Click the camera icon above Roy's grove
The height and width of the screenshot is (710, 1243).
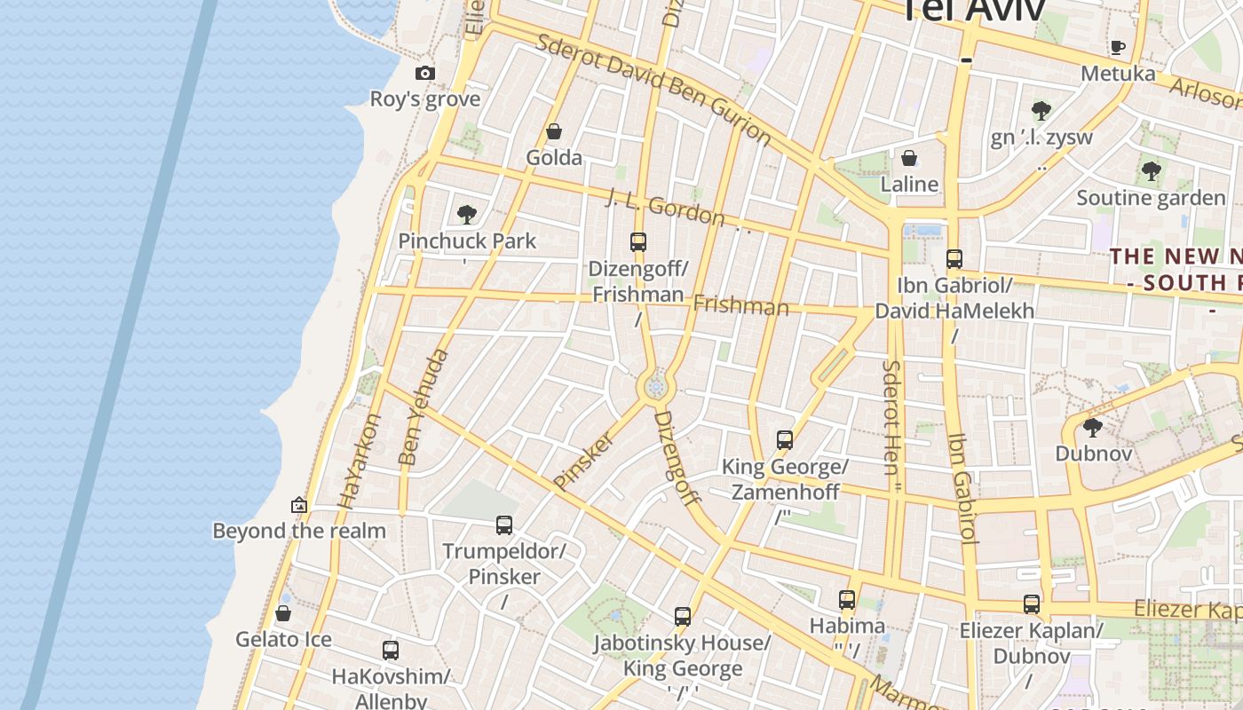425,74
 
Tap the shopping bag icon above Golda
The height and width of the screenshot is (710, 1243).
554,132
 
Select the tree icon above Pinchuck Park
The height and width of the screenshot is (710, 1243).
466,215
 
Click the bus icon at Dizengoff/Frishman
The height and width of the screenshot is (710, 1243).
637,241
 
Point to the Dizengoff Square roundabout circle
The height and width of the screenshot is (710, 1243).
656,387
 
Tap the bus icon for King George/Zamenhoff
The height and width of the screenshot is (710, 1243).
784,440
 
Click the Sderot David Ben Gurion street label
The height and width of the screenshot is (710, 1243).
654,89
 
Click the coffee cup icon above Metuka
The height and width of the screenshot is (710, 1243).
1117,47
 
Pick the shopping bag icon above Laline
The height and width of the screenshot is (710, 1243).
909,159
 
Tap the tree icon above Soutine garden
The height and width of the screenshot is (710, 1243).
1151,170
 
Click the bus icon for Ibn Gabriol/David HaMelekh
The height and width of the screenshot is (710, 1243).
954,259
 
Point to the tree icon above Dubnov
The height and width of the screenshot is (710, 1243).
1093,428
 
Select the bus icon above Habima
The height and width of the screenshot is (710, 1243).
847,600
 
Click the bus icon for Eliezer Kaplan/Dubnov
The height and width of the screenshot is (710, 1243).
1031,604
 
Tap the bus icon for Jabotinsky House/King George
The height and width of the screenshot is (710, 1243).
682,617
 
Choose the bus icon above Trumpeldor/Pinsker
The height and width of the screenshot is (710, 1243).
504,525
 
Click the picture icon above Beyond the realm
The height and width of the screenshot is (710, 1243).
299,505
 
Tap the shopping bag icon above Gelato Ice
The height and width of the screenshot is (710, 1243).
283,613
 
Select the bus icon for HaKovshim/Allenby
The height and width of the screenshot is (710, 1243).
391,651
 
